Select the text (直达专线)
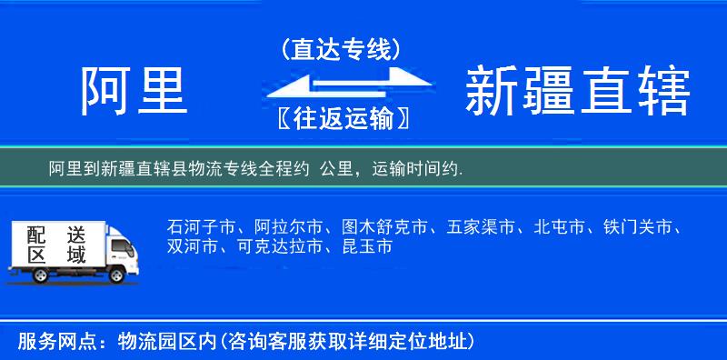point(341,50)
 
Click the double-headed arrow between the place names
point(341,85)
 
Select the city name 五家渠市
point(482,226)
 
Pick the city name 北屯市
point(563,226)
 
